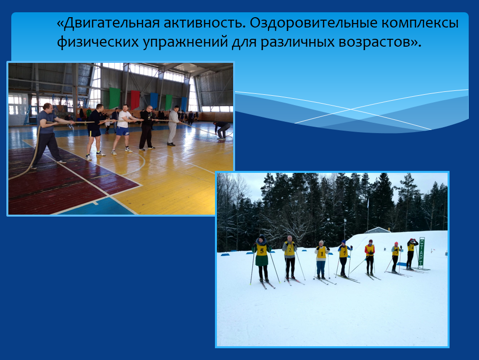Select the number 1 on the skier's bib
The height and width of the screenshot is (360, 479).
[x=321, y=253]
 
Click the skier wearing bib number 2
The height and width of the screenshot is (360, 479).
[x=289, y=257]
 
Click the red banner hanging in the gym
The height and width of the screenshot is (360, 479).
[x=135, y=100]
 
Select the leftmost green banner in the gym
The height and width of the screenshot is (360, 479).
[x=114, y=98]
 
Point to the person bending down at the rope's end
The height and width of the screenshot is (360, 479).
[x=222, y=130]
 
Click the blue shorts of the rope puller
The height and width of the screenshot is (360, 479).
[x=123, y=131]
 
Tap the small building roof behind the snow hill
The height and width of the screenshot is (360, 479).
[x=377, y=230]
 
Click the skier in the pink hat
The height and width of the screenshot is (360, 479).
[x=396, y=257]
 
